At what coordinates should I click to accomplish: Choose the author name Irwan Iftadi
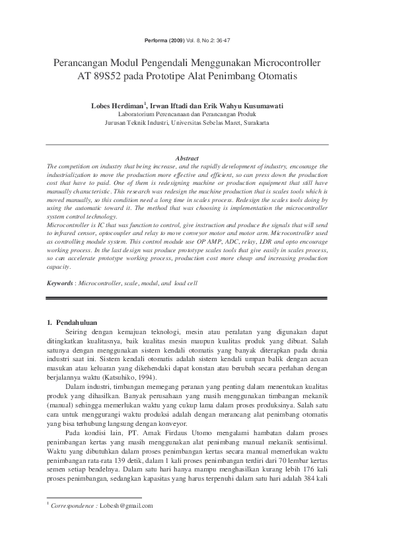pos(173,106)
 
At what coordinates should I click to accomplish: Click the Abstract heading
pos(188,158)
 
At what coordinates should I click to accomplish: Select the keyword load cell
pos(186,283)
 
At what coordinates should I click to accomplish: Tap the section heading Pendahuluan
pos(80,322)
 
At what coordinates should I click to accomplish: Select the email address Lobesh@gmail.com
pos(126,506)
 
